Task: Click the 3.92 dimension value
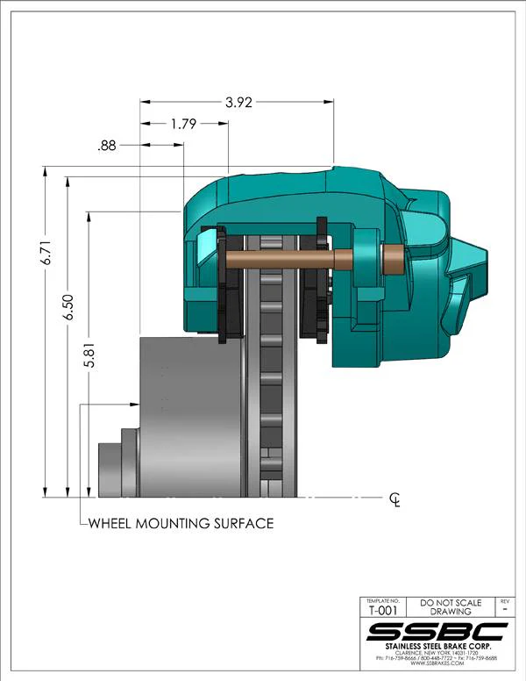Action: pos(238,103)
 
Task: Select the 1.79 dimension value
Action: pos(182,124)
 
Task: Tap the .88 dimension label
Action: pos(108,146)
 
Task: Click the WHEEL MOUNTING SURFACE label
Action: pos(181,524)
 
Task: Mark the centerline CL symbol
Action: pos(395,500)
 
